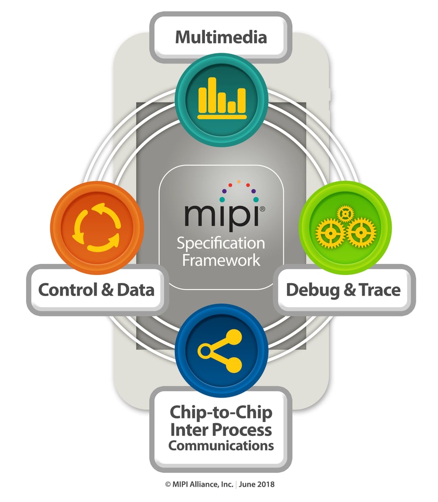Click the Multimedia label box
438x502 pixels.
(x=221, y=37)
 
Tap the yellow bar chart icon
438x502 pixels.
(x=222, y=98)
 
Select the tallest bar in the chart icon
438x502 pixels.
(x=212, y=95)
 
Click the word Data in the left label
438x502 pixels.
(x=135, y=290)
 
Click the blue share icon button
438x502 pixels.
(x=221, y=350)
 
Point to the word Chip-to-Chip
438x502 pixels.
(x=221, y=412)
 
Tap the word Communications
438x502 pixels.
(x=221, y=446)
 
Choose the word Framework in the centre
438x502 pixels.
(x=221, y=260)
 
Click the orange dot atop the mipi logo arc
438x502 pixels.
(x=239, y=182)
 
